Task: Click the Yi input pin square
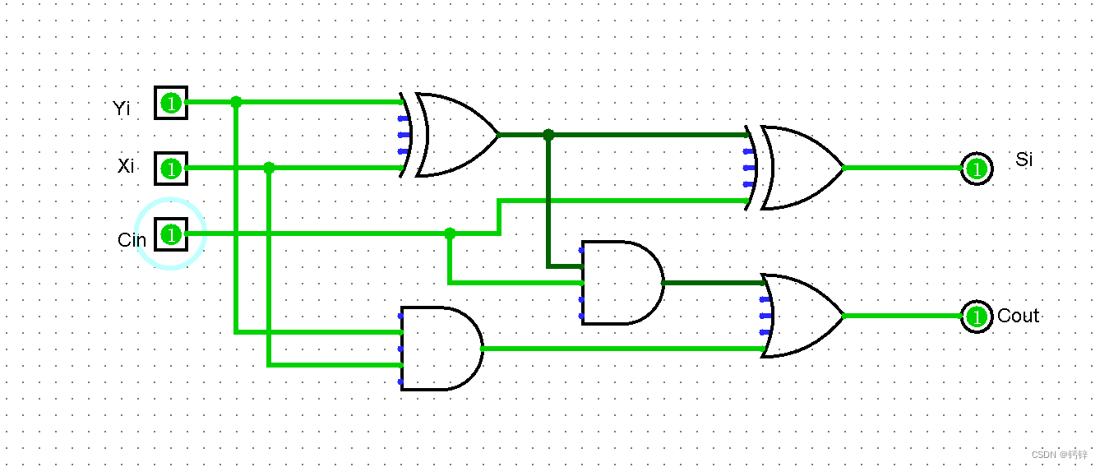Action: point(171,103)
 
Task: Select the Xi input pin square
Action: point(171,169)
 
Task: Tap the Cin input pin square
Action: point(171,234)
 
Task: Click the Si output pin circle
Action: point(977,169)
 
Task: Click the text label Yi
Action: point(122,108)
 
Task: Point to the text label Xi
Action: point(126,166)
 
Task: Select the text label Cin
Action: point(132,240)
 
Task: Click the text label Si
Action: point(1024,160)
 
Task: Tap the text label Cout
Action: point(1018,316)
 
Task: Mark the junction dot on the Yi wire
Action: point(237,103)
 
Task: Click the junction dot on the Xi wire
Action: point(269,169)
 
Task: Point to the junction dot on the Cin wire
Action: point(450,233)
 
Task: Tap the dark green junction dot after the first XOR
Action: point(548,135)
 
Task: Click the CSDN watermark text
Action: point(1059,454)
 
